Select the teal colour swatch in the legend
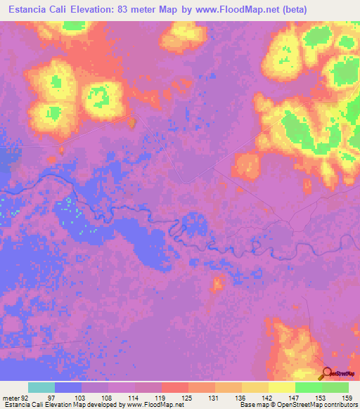41,388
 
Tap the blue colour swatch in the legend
68,388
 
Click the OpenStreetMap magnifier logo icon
327,375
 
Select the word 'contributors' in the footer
337,405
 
